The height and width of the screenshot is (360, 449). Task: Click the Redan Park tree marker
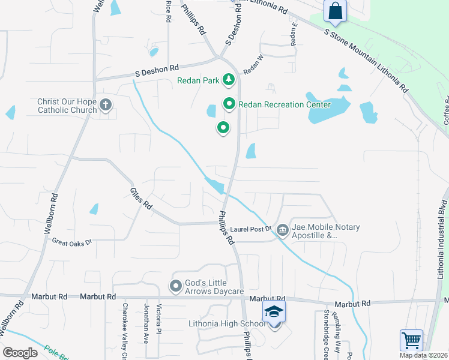(228, 79)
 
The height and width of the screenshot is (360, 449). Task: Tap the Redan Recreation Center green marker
(229, 104)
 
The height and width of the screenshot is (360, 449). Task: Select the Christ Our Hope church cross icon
(106, 106)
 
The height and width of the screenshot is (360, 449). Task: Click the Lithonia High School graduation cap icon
(274, 313)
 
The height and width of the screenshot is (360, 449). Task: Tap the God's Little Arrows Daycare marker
(176, 286)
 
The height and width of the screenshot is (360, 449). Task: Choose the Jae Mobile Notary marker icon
(283, 228)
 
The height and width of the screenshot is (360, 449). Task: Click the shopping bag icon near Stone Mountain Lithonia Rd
(334, 11)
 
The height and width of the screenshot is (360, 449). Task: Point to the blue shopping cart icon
(412, 340)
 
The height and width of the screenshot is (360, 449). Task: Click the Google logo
(20, 353)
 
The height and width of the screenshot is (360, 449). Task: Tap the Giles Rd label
(142, 199)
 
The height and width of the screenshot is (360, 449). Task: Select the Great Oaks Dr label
(71, 242)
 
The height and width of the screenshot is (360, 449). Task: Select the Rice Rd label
(168, 11)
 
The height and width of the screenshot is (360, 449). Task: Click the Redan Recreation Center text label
(285, 105)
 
